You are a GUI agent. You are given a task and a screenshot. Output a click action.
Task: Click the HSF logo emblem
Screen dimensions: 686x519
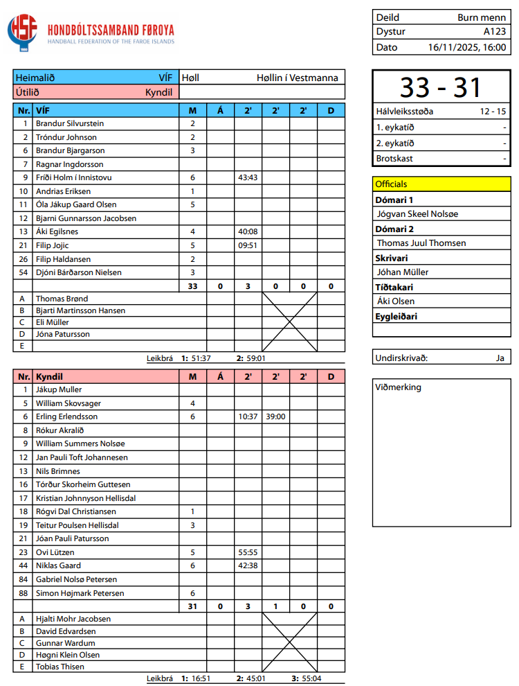[23, 33]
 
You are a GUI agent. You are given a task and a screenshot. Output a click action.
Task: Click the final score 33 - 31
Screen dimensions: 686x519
[441, 87]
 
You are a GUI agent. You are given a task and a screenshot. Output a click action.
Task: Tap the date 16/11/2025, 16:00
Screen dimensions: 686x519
[467, 48]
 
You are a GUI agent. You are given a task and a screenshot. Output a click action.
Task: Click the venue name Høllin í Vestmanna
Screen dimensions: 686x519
[298, 78]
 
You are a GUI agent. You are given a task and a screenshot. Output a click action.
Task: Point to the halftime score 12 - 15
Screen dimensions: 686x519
[492, 111]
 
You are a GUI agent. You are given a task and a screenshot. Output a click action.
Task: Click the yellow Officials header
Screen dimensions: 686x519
[391, 184]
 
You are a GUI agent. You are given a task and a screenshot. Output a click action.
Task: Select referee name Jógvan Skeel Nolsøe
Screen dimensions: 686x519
[417, 214]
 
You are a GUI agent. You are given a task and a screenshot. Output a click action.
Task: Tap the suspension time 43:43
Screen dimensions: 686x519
[248, 177]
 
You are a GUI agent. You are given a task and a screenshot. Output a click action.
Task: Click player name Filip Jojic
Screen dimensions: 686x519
[53, 245]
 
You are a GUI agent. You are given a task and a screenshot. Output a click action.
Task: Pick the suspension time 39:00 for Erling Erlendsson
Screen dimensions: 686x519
[275, 416]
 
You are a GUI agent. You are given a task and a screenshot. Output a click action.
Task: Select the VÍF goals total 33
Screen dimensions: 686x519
[192, 286]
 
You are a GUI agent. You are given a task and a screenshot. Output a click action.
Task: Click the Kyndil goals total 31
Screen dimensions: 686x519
[192, 606]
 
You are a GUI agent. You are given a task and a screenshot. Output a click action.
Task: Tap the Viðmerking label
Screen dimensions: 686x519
[398, 387]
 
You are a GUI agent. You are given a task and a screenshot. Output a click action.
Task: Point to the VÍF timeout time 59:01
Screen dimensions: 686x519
[256, 358]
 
